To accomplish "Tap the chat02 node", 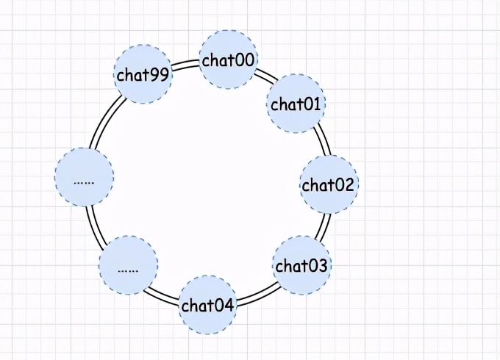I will click(x=329, y=184).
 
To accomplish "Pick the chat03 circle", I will click(x=301, y=265).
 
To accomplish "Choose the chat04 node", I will click(x=208, y=305).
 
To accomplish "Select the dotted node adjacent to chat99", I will click(x=85, y=177).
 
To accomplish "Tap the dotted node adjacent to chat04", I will click(x=128, y=266).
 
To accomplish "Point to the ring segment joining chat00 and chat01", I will click(x=265, y=76).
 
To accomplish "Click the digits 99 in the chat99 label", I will click(x=157, y=74).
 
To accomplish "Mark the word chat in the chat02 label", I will click(x=318, y=184).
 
